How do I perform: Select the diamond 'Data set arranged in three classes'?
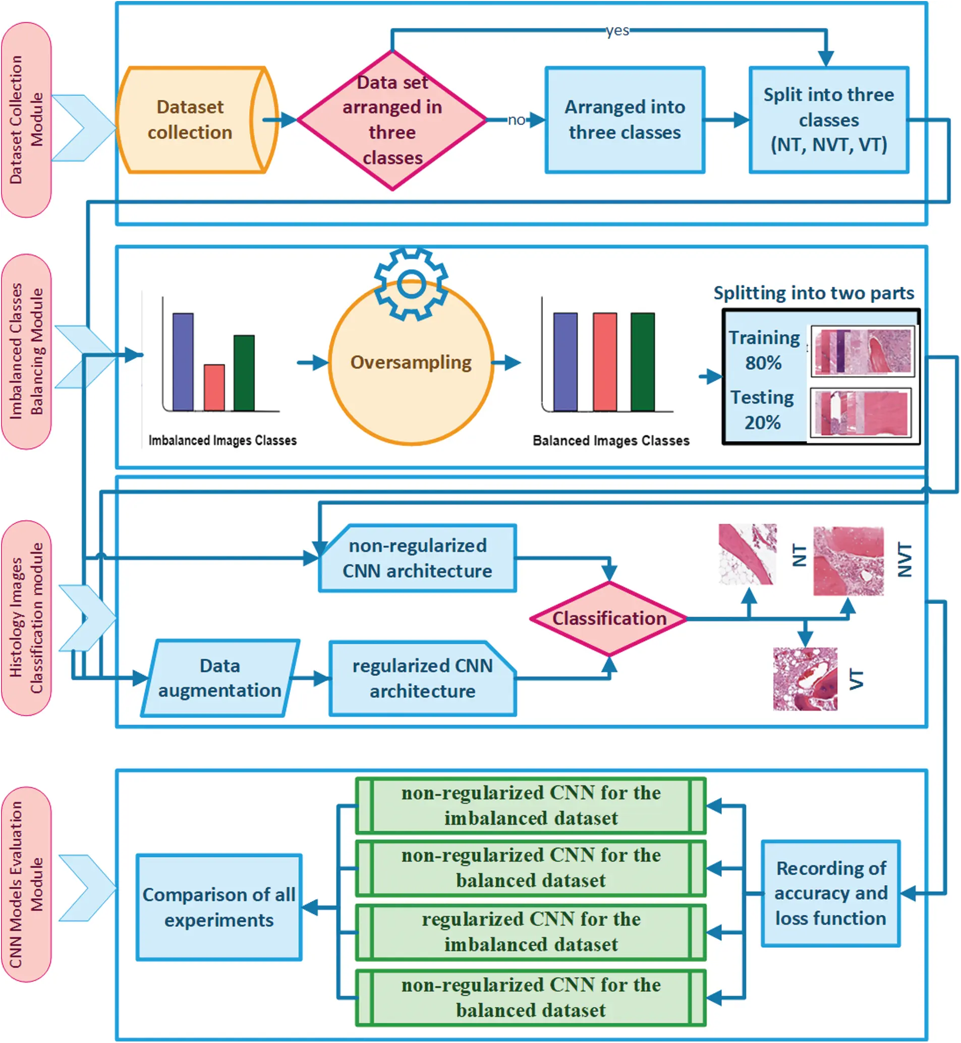[x=392, y=120]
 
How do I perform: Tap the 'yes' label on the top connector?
[x=617, y=31]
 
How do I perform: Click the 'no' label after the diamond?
[x=516, y=120]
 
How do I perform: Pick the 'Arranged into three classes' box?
[x=625, y=120]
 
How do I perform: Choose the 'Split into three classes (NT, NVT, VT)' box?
[x=828, y=120]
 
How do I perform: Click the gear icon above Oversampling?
[x=411, y=284]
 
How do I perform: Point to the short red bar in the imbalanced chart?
[x=214, y=388]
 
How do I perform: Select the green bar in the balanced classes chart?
[x=643, y=362]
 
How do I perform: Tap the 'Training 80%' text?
[x=763, y=350]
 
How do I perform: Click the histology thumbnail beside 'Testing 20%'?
[x=861, y=413]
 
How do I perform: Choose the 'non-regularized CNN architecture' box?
[x=418, y=558]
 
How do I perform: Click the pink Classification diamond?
[x=609, y=619]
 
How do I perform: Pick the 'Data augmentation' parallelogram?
[x=220, y=678]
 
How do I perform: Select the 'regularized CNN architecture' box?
[x=422, y=678]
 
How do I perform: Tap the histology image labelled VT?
[x=805, y=679]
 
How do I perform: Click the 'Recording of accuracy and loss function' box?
[x=830, y=893]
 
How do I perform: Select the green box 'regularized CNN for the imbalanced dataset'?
[x=530, y=932]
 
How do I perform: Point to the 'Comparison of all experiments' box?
[x=219, y=907]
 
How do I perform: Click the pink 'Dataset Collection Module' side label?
[x=26, y=120]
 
